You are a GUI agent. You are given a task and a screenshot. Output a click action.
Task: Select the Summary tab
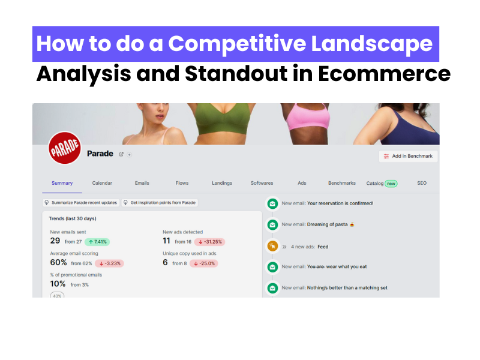(62, 183)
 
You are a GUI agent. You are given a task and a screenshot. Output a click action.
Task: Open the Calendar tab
(102, 183)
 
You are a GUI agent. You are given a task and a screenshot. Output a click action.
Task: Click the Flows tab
(182, 183)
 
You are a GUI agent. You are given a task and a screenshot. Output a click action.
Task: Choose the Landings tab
(222, 183)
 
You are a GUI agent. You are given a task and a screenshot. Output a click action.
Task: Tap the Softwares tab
(262, 183)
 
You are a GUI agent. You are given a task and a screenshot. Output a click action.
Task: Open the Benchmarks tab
(341, 183)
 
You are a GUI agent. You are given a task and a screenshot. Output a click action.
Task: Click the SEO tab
(422, 183)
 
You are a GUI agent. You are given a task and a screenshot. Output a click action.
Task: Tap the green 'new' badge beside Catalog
(391, 184)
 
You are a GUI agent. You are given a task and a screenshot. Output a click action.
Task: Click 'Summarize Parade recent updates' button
(81, 203)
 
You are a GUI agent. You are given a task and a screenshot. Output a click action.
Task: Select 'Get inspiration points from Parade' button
(160, 203)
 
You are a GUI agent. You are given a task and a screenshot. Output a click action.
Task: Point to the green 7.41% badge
(97, 242)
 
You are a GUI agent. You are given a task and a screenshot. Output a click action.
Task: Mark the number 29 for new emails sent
(55, 241)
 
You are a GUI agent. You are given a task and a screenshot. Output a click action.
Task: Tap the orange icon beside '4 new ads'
(272, 246)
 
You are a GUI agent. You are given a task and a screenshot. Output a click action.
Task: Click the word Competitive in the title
(253, 44)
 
